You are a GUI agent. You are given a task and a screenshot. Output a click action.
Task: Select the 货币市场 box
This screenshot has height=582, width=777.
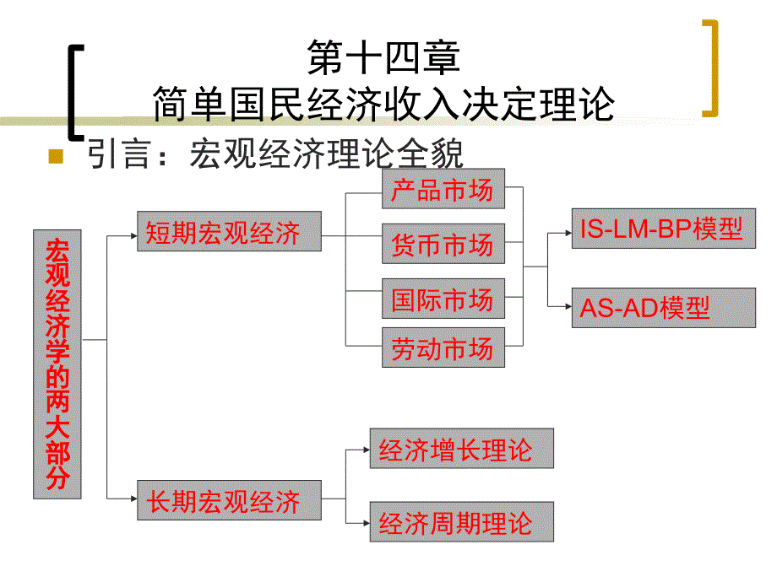443,245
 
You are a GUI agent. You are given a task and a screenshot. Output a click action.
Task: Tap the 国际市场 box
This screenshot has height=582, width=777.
443,299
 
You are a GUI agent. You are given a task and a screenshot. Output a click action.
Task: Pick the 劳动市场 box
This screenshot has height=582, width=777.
443,348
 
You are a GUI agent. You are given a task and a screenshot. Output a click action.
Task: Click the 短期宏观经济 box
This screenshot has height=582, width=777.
229,232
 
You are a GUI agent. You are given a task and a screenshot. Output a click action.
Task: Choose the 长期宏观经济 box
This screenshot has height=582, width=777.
229,501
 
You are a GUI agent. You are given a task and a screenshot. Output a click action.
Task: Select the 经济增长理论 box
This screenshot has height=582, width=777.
462,449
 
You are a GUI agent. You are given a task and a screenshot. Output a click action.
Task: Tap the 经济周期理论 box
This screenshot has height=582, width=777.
462,522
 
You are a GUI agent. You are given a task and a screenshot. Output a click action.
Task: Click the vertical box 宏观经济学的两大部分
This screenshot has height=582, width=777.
57,364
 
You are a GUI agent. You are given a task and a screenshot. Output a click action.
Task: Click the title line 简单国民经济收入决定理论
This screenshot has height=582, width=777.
384,103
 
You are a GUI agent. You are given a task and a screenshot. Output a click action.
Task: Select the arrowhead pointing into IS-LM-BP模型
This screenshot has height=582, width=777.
567,229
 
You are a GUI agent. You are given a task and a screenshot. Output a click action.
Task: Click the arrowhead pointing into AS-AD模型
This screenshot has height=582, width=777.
567,308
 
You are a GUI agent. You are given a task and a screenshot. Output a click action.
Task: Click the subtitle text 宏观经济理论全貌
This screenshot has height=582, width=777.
328,155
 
